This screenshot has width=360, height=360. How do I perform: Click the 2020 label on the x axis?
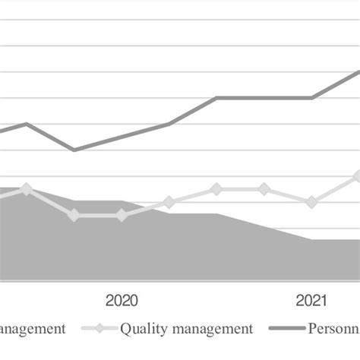click(x=122, y=300)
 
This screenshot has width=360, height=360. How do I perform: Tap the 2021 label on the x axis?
click(x=311, y=300)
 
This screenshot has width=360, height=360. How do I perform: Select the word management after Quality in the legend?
click(x=209, y=329)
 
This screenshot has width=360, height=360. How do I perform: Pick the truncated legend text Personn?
click(x=333, y=329)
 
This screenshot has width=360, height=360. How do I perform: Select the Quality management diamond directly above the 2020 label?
click(x=122, y=216)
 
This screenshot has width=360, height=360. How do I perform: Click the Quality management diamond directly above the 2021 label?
click(x=311, y=202)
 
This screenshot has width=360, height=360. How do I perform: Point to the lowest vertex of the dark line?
click(x=74, y=150)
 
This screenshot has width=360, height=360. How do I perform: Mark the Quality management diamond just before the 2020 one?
click(x=74, y=216)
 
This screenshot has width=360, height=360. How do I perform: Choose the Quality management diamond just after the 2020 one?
click(x=169, y=202)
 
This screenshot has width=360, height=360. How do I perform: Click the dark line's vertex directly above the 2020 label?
click(x=122, y=137)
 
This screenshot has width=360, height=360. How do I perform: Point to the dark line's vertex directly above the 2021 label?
click(x=311, y=97)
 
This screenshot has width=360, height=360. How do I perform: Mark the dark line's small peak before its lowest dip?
click(x=27, y=123)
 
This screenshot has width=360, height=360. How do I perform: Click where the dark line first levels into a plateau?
click(x=216, y=97)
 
